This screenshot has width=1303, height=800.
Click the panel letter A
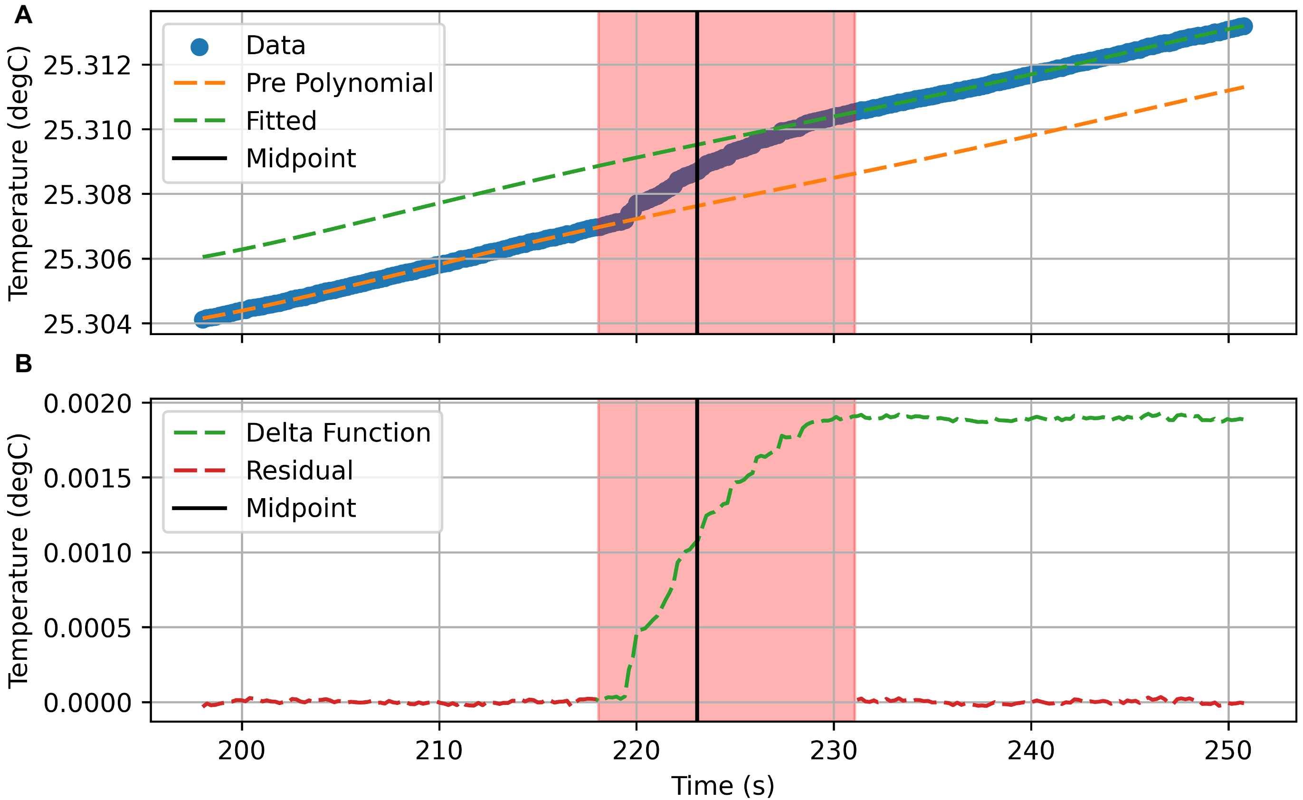(x=23, y=15)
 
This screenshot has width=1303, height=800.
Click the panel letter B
(x=23, y=364)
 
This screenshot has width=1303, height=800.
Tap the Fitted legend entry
(x=281, y=121)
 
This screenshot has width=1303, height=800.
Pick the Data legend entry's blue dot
(x=200, y=47)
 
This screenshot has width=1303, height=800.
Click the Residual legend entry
(x=299, y=471)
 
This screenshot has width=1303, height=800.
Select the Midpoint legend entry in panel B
(x=300, y=508)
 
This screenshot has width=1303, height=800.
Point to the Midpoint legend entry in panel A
(x=300, y=158)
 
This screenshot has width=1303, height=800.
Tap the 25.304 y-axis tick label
(x=87, y=324)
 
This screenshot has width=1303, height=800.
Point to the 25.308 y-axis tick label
(x=87, y=195)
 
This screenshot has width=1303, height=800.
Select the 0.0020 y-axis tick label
(x=87, y=404)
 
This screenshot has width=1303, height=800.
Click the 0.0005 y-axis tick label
(x=87, y=628)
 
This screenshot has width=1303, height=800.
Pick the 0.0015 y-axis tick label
(x=87, y=479)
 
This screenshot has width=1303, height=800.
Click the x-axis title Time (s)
(x=723, y=785)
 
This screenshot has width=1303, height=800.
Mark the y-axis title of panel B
(x=19, y=561)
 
